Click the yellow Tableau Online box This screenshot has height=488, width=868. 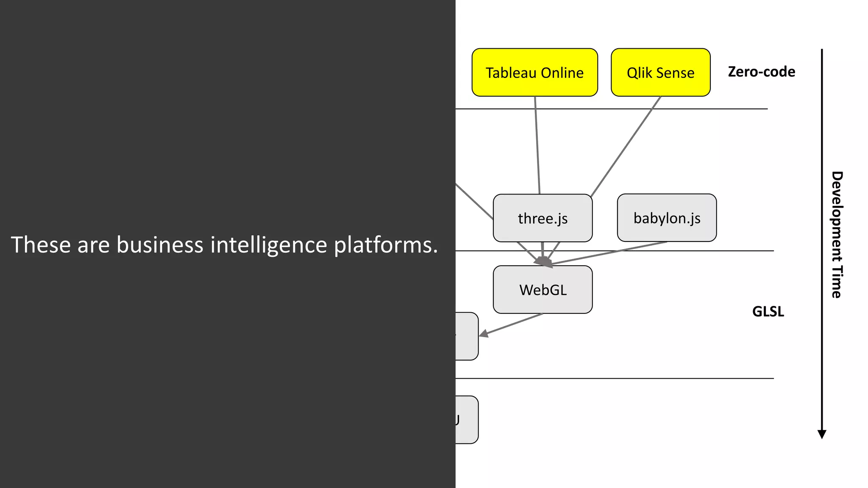click(x=534, y=72)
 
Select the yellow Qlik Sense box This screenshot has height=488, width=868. click(x=660, y=72)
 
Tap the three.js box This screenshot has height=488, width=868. click(x=542, y=218)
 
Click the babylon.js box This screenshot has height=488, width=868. click(x=667, y=218)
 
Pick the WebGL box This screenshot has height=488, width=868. click(x=542, y=290)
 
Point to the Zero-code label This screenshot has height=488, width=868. click(x=761, y=72)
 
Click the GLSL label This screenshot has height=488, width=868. click(x=768, y=311)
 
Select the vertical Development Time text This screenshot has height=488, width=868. click(x=837, y=235)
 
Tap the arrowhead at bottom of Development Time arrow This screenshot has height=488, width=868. click(x=822, y=434)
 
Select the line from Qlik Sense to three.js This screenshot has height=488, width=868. click(x=626, y=146)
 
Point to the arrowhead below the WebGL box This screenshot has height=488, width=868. click(x=484, y=334)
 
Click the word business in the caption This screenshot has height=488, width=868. click(x=160, y=245)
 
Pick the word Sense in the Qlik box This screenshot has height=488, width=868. click(x=675, y=73)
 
